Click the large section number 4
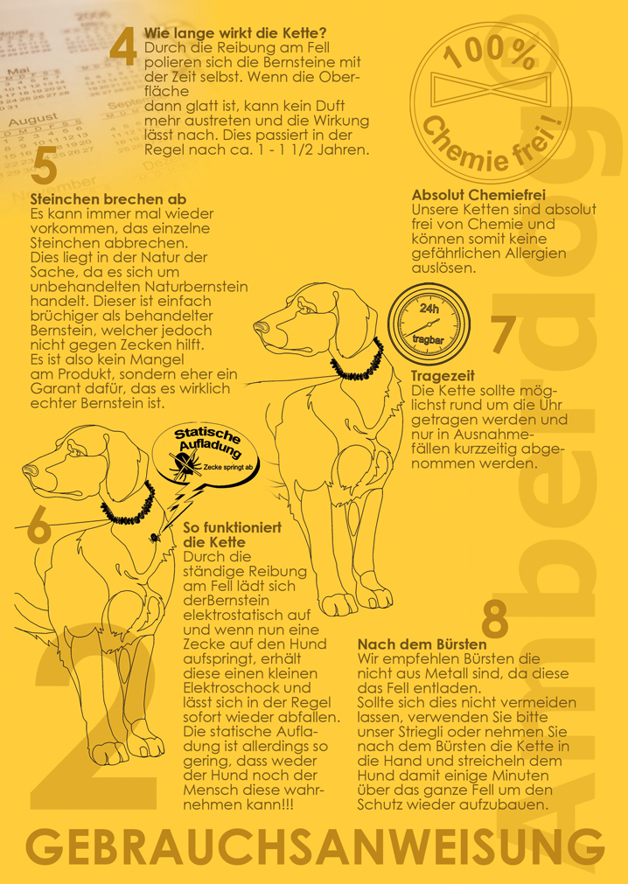[x=123, y=47]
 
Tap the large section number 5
[x=45, y=164]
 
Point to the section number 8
[x=495, y=620]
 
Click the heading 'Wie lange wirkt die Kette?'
[x=235, y=32]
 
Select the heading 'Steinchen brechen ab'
[x=108, y=199]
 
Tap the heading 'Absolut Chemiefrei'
[x=478, y=195]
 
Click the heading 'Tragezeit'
[x=443, y=376]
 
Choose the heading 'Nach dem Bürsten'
[x=422, y=644]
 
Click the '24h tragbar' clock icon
[x=429, y=323]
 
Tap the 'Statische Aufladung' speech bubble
[x=206, y=454]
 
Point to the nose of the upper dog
[x=260, y=326]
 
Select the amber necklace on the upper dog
[x=358, y=364]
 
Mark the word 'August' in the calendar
[x=33, y=120]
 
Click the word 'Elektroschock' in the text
[x=247, y=688]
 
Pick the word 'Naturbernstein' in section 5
[x=196, y=287]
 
